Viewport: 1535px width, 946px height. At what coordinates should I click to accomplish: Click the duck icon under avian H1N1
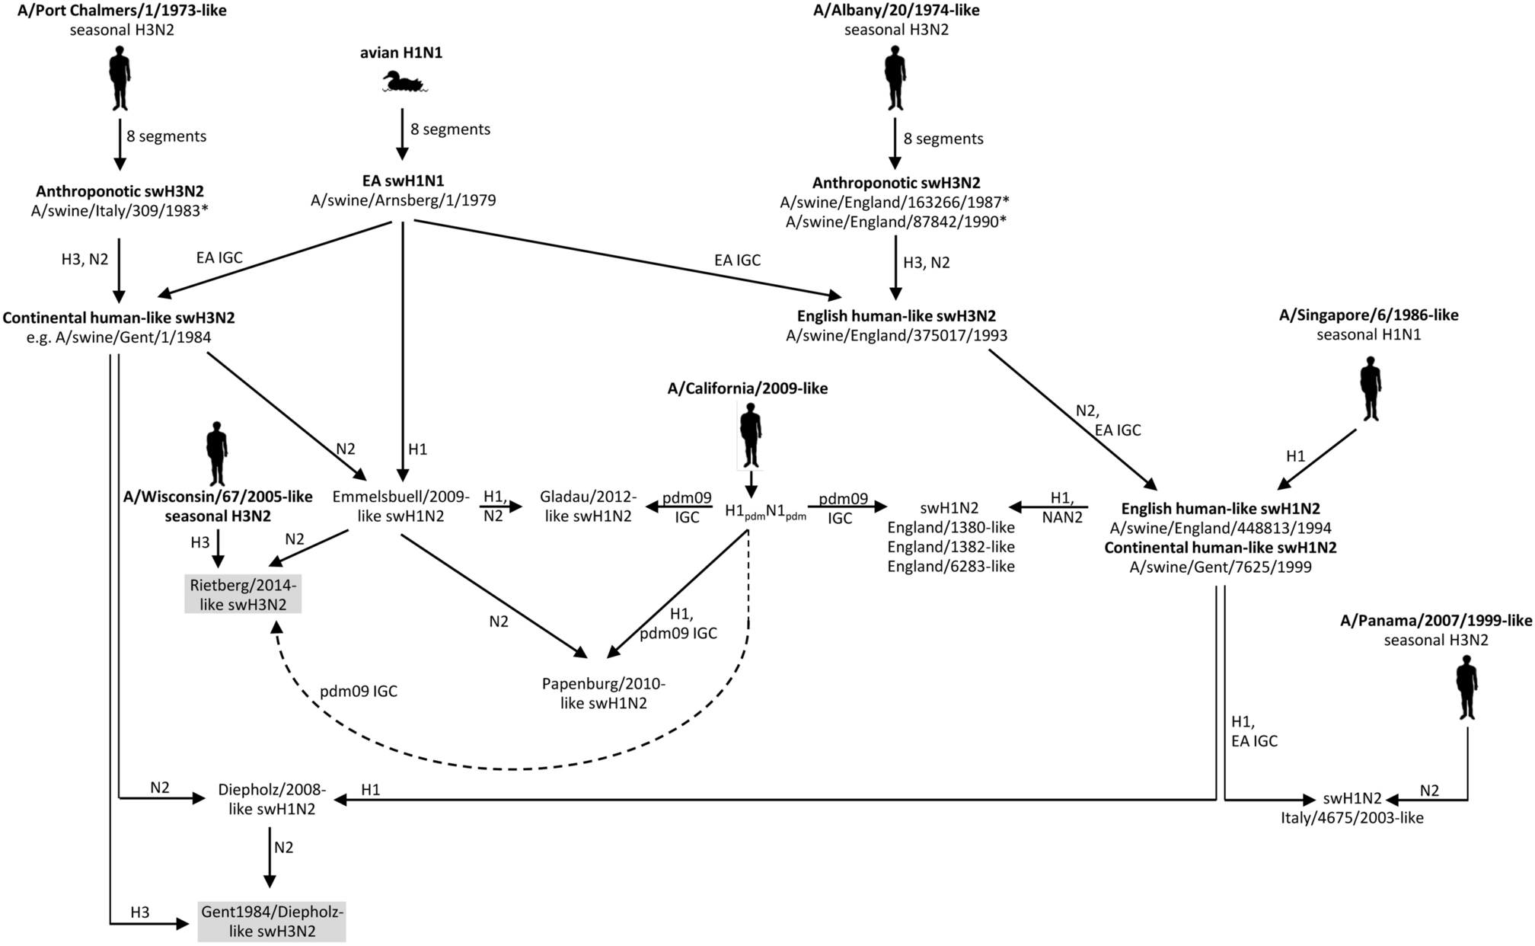pyautogui.click(x=403, y=82)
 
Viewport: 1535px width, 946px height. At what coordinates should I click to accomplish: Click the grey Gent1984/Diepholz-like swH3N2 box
pyautogui.click(x=272, y=921)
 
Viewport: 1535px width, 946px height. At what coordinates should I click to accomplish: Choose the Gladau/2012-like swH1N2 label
pyautogui.click(x=587, y=507)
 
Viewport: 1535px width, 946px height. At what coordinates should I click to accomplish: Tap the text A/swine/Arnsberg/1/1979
pyautogui.click(x=403, y=200)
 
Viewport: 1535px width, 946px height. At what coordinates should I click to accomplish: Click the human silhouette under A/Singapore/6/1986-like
pyautogui.click(x=1371, y=388)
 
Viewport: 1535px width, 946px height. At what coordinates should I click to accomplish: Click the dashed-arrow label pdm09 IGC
pyautogui.click(x=358, y=692)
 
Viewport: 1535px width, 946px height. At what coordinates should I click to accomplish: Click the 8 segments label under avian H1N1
pyautogui.click(x=450, y=129)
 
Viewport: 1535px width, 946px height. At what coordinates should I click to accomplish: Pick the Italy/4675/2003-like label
pyautogui.click(x=1352, y=818)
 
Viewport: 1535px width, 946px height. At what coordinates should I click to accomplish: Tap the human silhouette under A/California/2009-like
pyautogui.click(x=751, y=435)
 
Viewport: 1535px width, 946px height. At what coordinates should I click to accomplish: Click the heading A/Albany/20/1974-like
pyautogui.click(x=896, y=11)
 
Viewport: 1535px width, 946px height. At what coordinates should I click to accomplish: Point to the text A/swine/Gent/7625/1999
pyautogui.click(x=1221, y=567)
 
